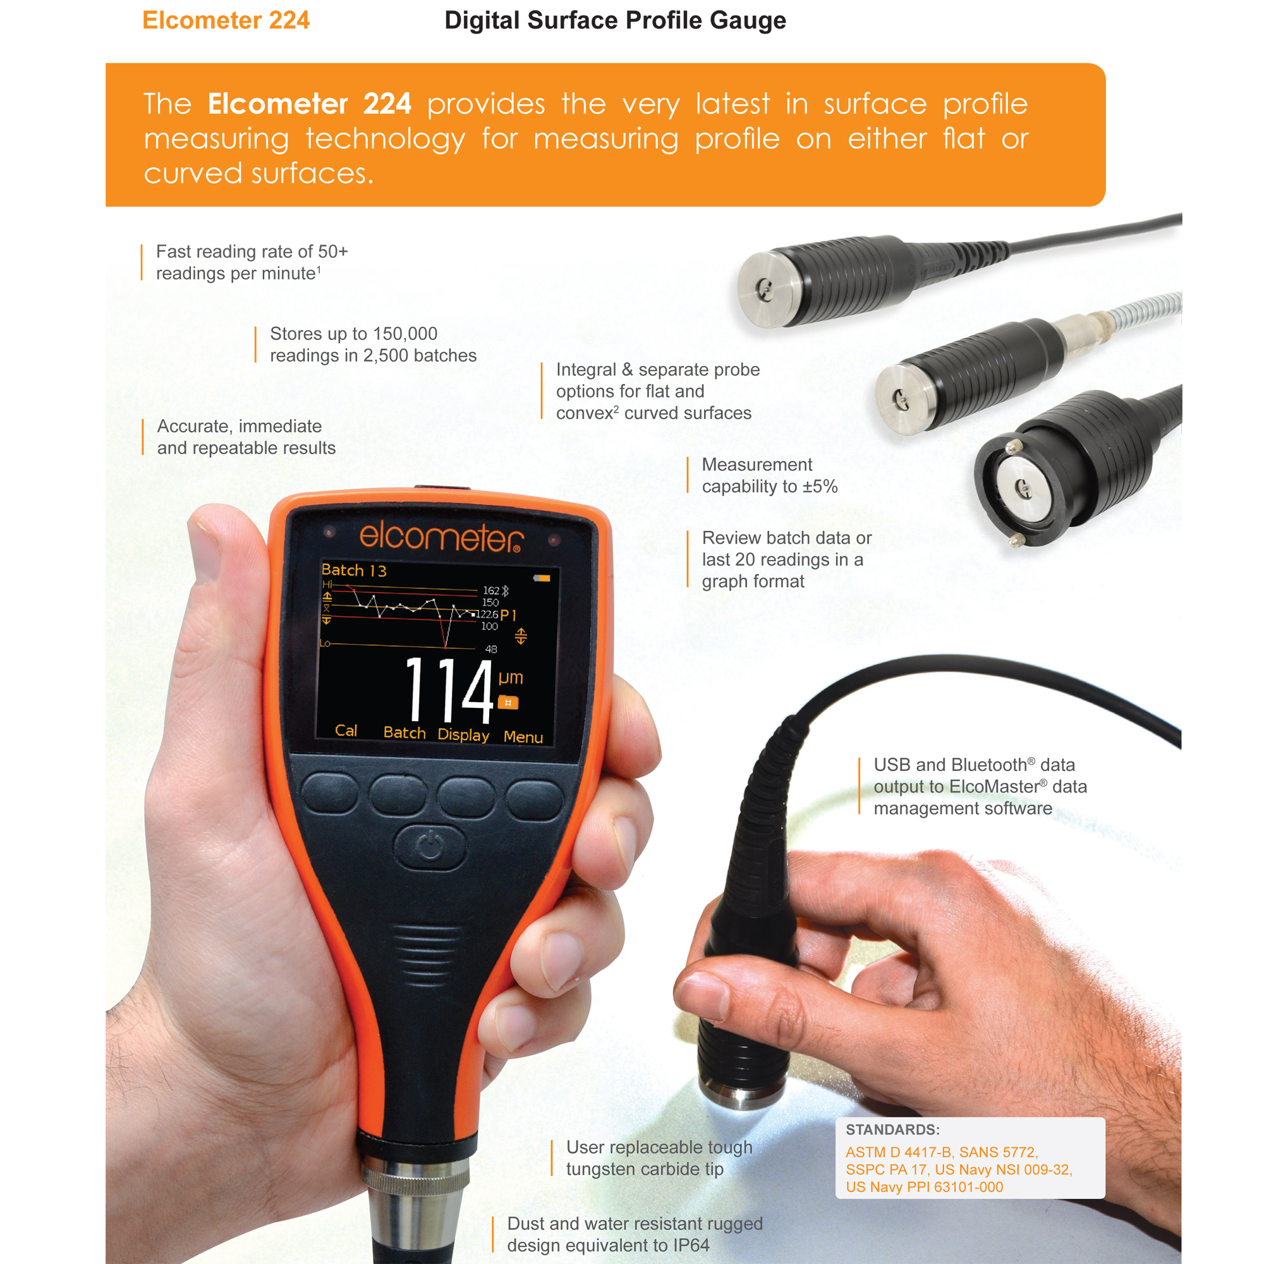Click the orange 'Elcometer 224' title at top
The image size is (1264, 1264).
pos(226,20)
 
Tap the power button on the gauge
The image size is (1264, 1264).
pos(430,848)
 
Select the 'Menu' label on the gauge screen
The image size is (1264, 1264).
pos(523,737)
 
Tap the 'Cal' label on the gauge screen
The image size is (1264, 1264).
pos(346,730)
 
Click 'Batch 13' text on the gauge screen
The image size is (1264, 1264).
pos(354,571)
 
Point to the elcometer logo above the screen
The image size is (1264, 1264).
pos(441,537)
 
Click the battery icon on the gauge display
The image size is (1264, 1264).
pos(542,578)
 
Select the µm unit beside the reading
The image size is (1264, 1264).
pos(510,677)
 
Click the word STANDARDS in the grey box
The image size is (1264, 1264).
pos(892,1130)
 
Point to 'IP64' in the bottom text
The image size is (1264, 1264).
pos(691,1245)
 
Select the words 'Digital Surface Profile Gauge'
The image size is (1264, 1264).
pos(615,20)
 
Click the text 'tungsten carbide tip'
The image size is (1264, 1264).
pos(645,1169)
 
